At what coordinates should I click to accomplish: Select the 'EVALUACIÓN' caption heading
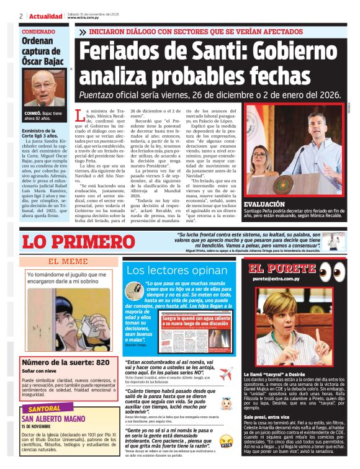[264, 204]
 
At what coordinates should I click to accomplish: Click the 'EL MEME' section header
[68, 262]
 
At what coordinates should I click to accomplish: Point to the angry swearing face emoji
[226, 442]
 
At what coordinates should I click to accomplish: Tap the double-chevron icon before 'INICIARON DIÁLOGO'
[83, 31]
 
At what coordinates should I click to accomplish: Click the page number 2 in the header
[21, 16]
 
